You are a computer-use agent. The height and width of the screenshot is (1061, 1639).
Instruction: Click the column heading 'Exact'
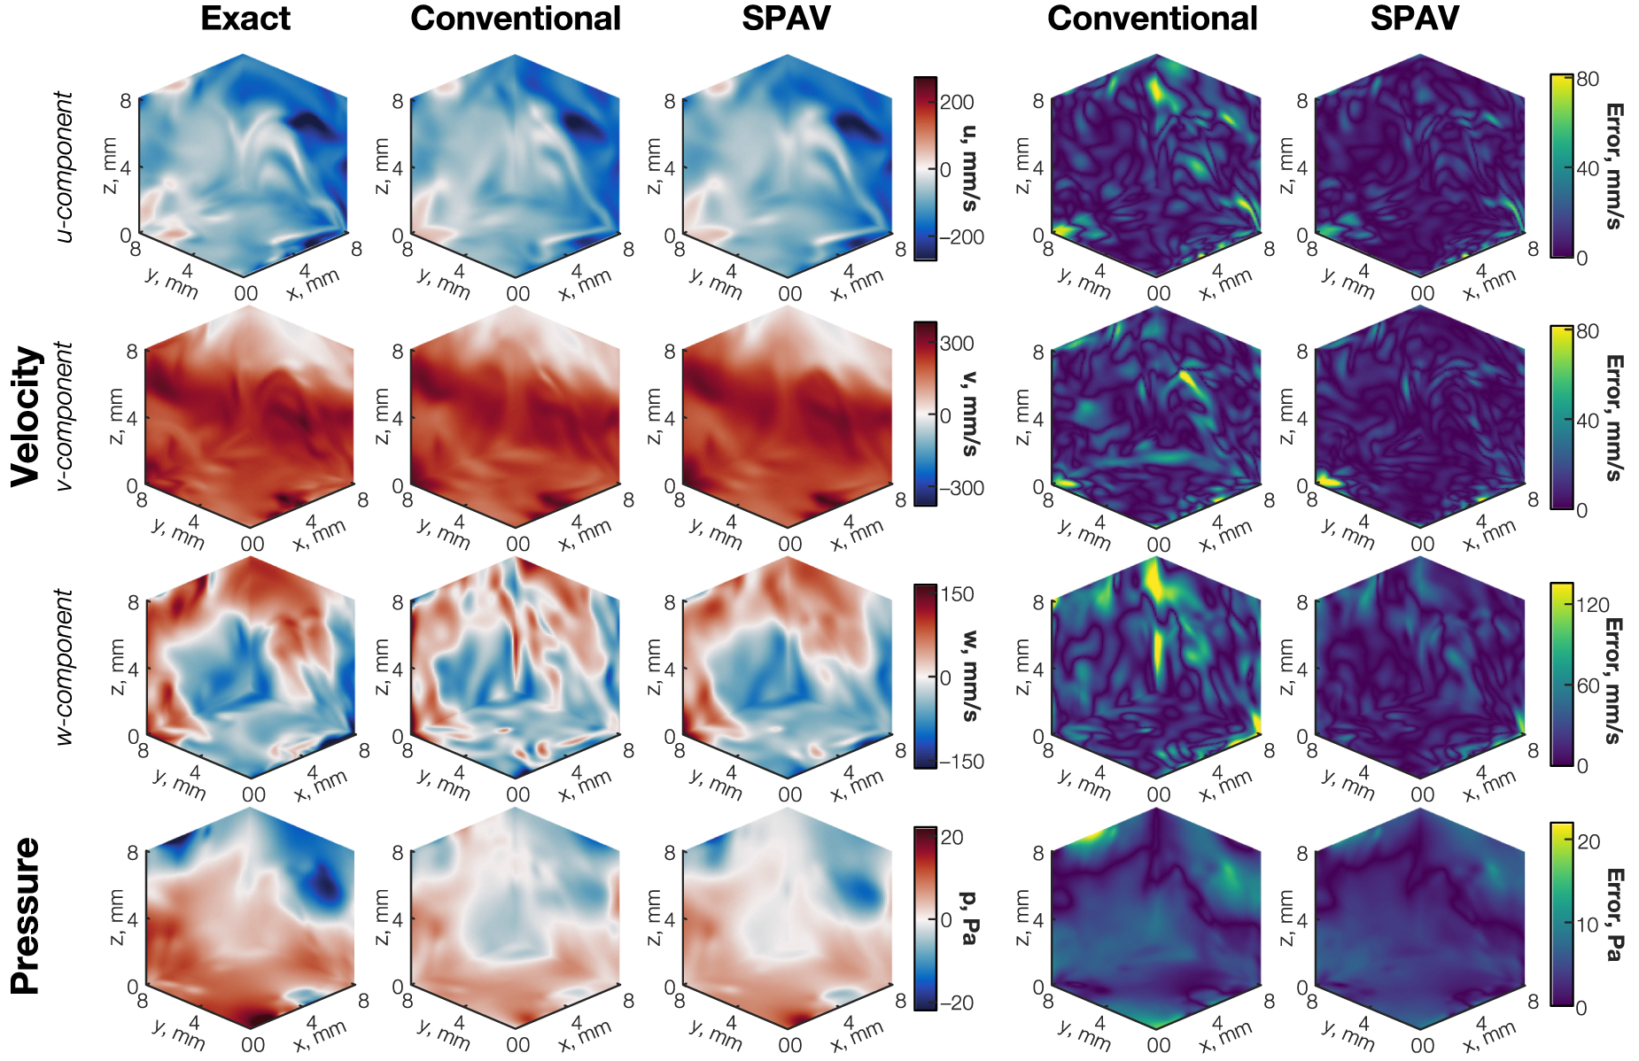pos(245,19)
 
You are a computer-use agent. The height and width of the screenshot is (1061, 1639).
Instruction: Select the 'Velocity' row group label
pos(27,415)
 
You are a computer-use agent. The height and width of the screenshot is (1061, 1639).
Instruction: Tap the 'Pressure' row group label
pos(27,916)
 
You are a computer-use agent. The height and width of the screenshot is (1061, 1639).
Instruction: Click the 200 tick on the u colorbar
pos(957,103)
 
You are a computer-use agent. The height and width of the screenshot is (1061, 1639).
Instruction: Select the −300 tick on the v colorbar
pos(960,489)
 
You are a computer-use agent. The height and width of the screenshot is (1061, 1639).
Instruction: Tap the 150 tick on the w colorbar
pos(957,595)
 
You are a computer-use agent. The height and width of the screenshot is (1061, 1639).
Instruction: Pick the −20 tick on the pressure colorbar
pos(956,1003)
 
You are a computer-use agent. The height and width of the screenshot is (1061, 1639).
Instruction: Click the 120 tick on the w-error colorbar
pos(1593,606)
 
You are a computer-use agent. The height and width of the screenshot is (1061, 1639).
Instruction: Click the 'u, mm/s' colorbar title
pos(971,168)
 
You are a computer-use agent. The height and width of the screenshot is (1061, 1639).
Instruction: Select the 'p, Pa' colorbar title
pos(971,918)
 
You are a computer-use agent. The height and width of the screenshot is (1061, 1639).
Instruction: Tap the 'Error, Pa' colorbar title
pos(1614,915)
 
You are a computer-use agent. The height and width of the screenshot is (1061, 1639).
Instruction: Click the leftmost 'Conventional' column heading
pos(516,19)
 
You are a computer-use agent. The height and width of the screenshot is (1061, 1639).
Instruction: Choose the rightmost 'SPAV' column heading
pos(1414,19)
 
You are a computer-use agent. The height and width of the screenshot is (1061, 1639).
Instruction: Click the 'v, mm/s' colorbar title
pos(971,414)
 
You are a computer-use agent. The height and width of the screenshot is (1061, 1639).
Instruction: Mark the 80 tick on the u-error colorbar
pos(1588,80)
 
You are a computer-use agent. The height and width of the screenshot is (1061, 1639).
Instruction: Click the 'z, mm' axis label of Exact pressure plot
pos(116,918)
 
